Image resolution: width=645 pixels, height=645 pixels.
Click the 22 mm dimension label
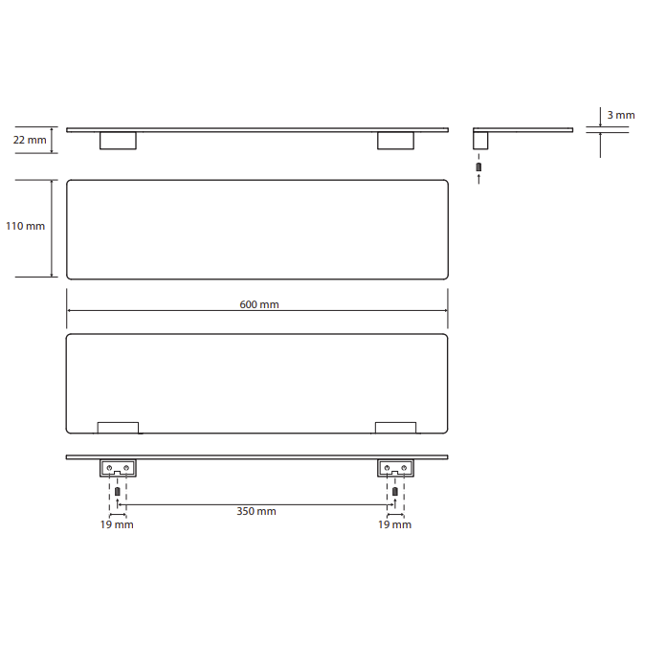[x=30, y=140]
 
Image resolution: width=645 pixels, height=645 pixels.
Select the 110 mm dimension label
[x=25, y=226]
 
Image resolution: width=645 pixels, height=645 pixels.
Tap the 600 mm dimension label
[x=259, y=304]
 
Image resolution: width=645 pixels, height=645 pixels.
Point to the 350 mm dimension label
[x=256, y=511]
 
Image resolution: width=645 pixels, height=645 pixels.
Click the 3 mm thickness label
[x=621, y=115]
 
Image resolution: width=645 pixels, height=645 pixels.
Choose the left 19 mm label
[x=117, y=524]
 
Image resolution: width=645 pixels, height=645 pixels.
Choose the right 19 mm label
[x=395, y=524]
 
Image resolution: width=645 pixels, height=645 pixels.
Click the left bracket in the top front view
[x=118, y=141]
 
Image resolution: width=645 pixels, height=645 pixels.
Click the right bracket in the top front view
[x=396, y=141]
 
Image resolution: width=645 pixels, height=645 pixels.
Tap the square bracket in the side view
[x=480, y=141]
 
